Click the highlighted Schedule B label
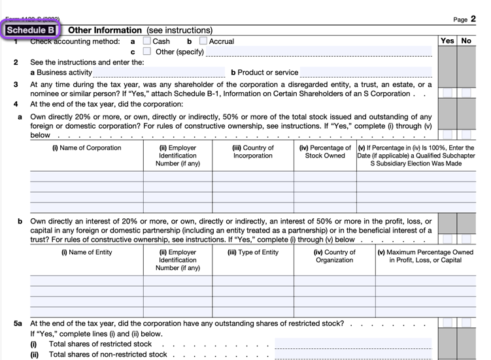[x=31, y=30]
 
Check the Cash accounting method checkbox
[x=146, y=41]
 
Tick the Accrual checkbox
[x=203, y=41]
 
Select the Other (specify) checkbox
[x=146, y=52]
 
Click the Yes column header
[x=447, y=41]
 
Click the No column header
[x=466, y=41]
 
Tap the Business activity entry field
[x=160, y=73]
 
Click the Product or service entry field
[x=366, y=73]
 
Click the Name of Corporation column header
[x=86, y=148]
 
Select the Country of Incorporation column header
[x=253, y=152]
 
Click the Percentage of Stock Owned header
[x=325, y=152]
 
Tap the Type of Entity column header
[x=253, y=252]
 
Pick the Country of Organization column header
[x=335, y=256]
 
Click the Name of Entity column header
[x=86, y=252]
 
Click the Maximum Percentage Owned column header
[x=425, y=256]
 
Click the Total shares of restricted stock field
[x=353, y=344]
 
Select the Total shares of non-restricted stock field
[x=353, y=355]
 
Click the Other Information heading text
[x=105, y=30]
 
